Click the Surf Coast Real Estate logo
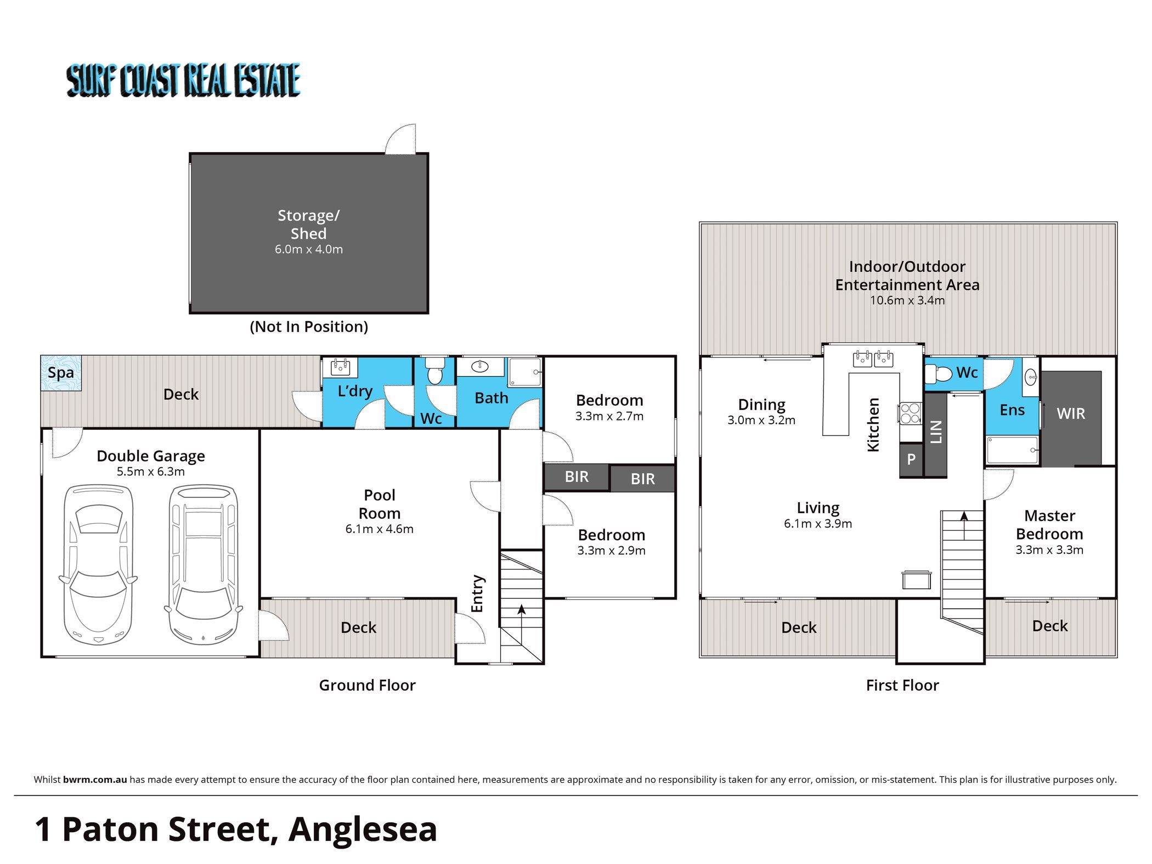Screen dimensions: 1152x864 [183, 80]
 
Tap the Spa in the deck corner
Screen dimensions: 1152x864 [61, 373]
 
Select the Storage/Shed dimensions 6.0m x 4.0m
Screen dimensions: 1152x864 [309, 249]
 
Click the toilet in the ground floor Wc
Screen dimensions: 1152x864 [435, 370]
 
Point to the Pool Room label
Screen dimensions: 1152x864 [380, 504]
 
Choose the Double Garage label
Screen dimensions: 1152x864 [151, 456]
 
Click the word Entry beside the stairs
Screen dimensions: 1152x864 [477, 594]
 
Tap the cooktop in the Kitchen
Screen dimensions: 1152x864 [910, 413]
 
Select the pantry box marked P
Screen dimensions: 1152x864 [911, 459]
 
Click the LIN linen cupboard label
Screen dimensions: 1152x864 [936, 432]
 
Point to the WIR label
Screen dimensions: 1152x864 [1071, 413]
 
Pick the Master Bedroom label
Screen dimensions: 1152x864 [1049, 525]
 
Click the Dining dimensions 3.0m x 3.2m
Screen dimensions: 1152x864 [761, 420]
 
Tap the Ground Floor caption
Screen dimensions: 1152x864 [368, 685]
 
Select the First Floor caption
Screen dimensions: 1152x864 [902, 685]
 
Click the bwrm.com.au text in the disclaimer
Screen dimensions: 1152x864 [95, 779]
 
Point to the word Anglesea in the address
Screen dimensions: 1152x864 [363, 830]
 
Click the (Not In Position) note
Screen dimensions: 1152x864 [309, 327]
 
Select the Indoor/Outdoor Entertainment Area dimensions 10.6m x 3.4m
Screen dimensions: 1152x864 [907, 300]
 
